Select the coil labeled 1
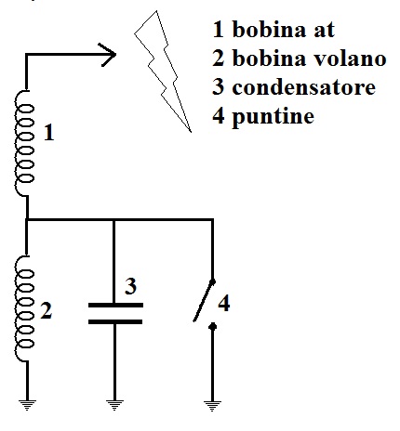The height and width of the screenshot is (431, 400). (x=24, y=143)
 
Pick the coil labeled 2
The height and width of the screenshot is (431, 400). (x=24, y=308)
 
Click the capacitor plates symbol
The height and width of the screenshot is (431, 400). (x=115, y=313)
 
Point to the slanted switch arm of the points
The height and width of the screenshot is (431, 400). (x=204, y=301)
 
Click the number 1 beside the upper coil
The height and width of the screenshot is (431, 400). (x=49, y=133)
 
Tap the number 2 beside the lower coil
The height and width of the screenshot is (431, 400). (x=47, y=310)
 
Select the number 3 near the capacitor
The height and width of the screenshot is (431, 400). (x=130, y=286)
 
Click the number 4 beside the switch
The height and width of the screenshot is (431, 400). (x=224, y=303)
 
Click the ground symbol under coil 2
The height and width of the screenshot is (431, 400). (x=27, y=405)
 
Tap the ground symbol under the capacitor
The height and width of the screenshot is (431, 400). (x=114, y=405)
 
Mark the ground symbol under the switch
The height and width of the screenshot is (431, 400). (x=212, y=406)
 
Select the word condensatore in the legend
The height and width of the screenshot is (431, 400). (x=304, y=87)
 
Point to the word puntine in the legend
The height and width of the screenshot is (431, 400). (x=273, y=117)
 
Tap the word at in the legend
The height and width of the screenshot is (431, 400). (x=324, y=31)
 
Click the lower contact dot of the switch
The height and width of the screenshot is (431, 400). (x=212, y=326)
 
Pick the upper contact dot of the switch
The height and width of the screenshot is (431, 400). (x=212, y=281)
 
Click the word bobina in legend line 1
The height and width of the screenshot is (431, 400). (x=269, y=29)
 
